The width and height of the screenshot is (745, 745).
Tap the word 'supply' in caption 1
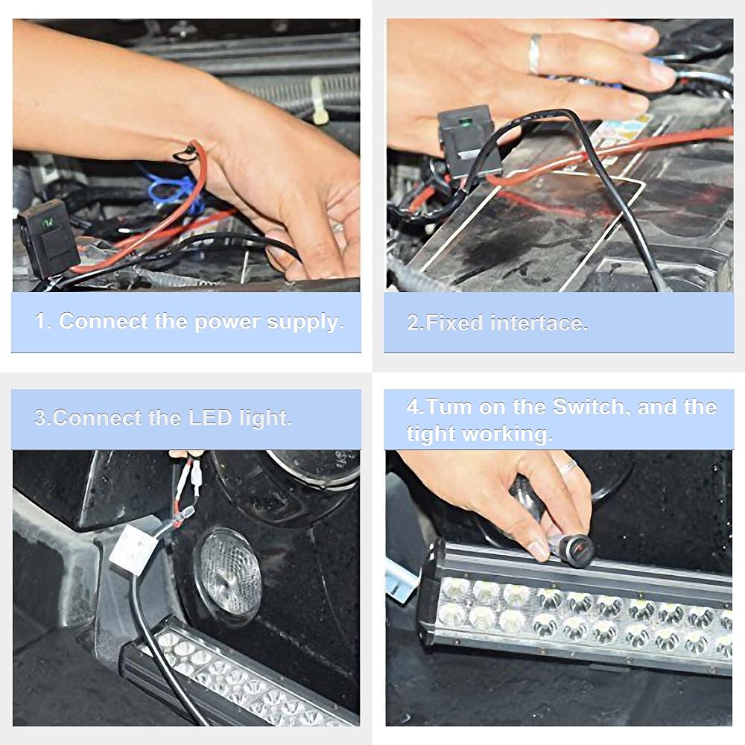point(305,323)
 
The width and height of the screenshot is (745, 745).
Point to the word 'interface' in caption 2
point(539,323)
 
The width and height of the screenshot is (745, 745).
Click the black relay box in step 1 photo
point(49,238)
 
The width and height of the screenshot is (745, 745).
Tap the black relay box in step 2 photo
point(468,142)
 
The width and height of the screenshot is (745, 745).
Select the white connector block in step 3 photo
point(133,548)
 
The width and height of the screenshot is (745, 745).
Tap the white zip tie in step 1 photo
point(317,100)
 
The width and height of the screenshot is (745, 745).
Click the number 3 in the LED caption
point(40,418)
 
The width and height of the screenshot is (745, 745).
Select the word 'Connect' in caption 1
point(104,322)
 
